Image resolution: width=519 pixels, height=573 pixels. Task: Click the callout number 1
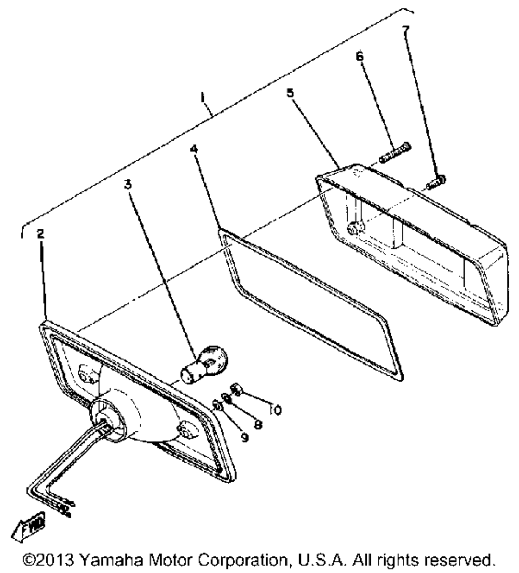[203, 98]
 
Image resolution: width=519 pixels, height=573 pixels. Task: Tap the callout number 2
[40, 234]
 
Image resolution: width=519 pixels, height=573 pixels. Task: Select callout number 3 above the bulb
[127, 185]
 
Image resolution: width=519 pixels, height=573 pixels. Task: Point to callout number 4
[194, 149]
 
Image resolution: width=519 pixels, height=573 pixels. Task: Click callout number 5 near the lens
[290, 93]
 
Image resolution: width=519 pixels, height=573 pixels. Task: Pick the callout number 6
[360, 57]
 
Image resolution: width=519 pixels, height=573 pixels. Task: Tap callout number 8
[258, 424]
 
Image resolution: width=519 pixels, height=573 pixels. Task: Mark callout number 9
[244, 437]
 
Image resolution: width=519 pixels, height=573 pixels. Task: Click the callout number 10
[276, 410]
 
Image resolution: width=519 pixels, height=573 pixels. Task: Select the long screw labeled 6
[395, 153]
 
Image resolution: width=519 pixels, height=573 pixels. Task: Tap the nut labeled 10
[236, 389]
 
